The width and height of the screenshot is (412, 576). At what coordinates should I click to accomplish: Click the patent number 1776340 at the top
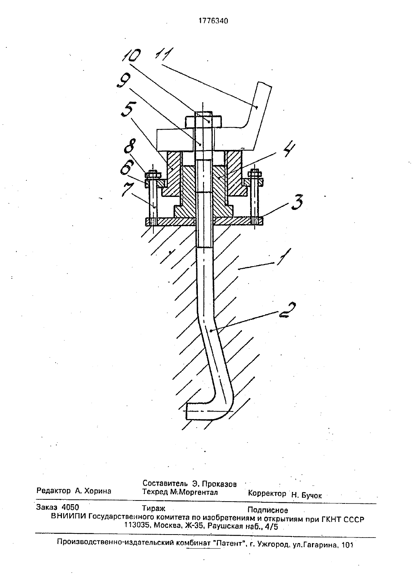click(x=213, y=21)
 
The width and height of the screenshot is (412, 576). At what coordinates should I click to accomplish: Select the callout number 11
click(x=165, y=54)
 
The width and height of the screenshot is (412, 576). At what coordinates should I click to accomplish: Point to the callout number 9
click(x=124, y=80)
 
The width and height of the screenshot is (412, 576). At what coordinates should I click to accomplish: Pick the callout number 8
click(x=132, y=148)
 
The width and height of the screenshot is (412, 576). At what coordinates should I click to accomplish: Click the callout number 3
click(x=297, y=202)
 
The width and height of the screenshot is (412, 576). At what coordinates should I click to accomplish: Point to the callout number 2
click(x=287, y=310)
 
